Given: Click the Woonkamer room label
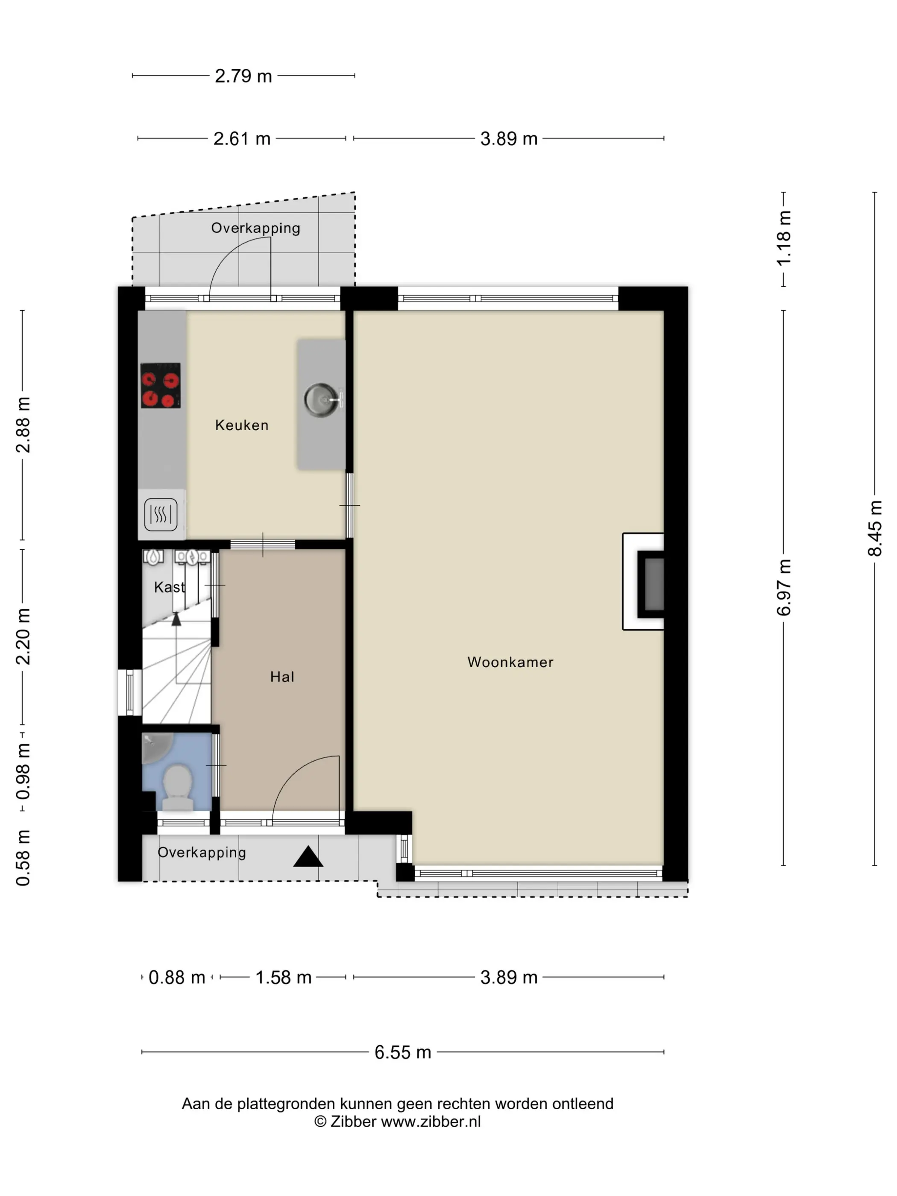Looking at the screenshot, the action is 510,662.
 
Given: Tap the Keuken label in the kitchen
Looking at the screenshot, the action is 242,425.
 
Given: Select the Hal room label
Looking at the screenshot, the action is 281,677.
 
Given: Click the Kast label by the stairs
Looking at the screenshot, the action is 169,587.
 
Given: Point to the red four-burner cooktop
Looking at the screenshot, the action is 161,386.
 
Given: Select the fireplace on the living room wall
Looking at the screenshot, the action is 643,582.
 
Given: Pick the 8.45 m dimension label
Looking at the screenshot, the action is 874,528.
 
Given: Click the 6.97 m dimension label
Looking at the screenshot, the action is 783,588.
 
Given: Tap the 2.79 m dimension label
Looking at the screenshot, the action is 243,76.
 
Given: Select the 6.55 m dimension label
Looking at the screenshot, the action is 403,1052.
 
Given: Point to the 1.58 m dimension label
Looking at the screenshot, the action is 283,978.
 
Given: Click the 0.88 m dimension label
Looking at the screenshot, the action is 177,978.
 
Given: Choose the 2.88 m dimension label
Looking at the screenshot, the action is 23,425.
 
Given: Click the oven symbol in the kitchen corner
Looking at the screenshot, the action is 161,515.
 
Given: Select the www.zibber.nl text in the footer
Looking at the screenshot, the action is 431,1122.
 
